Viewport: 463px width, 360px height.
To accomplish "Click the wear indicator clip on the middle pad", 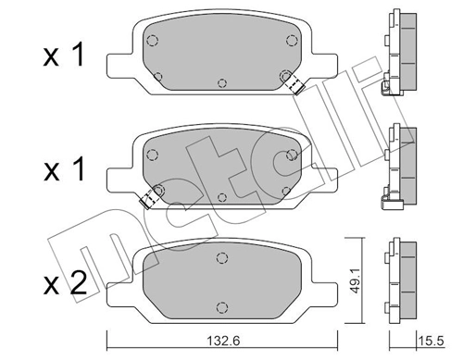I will pyautogui.click(x=147, y=198).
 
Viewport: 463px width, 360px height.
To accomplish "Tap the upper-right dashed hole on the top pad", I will pyautogui.click(x=292, y=39).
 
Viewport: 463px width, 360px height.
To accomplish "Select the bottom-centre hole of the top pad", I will pyautogui.click(x=222, y=82).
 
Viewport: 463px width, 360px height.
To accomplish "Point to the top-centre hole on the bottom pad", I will pyautogui.click(x=220, y=258).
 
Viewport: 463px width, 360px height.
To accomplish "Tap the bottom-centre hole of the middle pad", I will pyautogui.click(x=222, y=197).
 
